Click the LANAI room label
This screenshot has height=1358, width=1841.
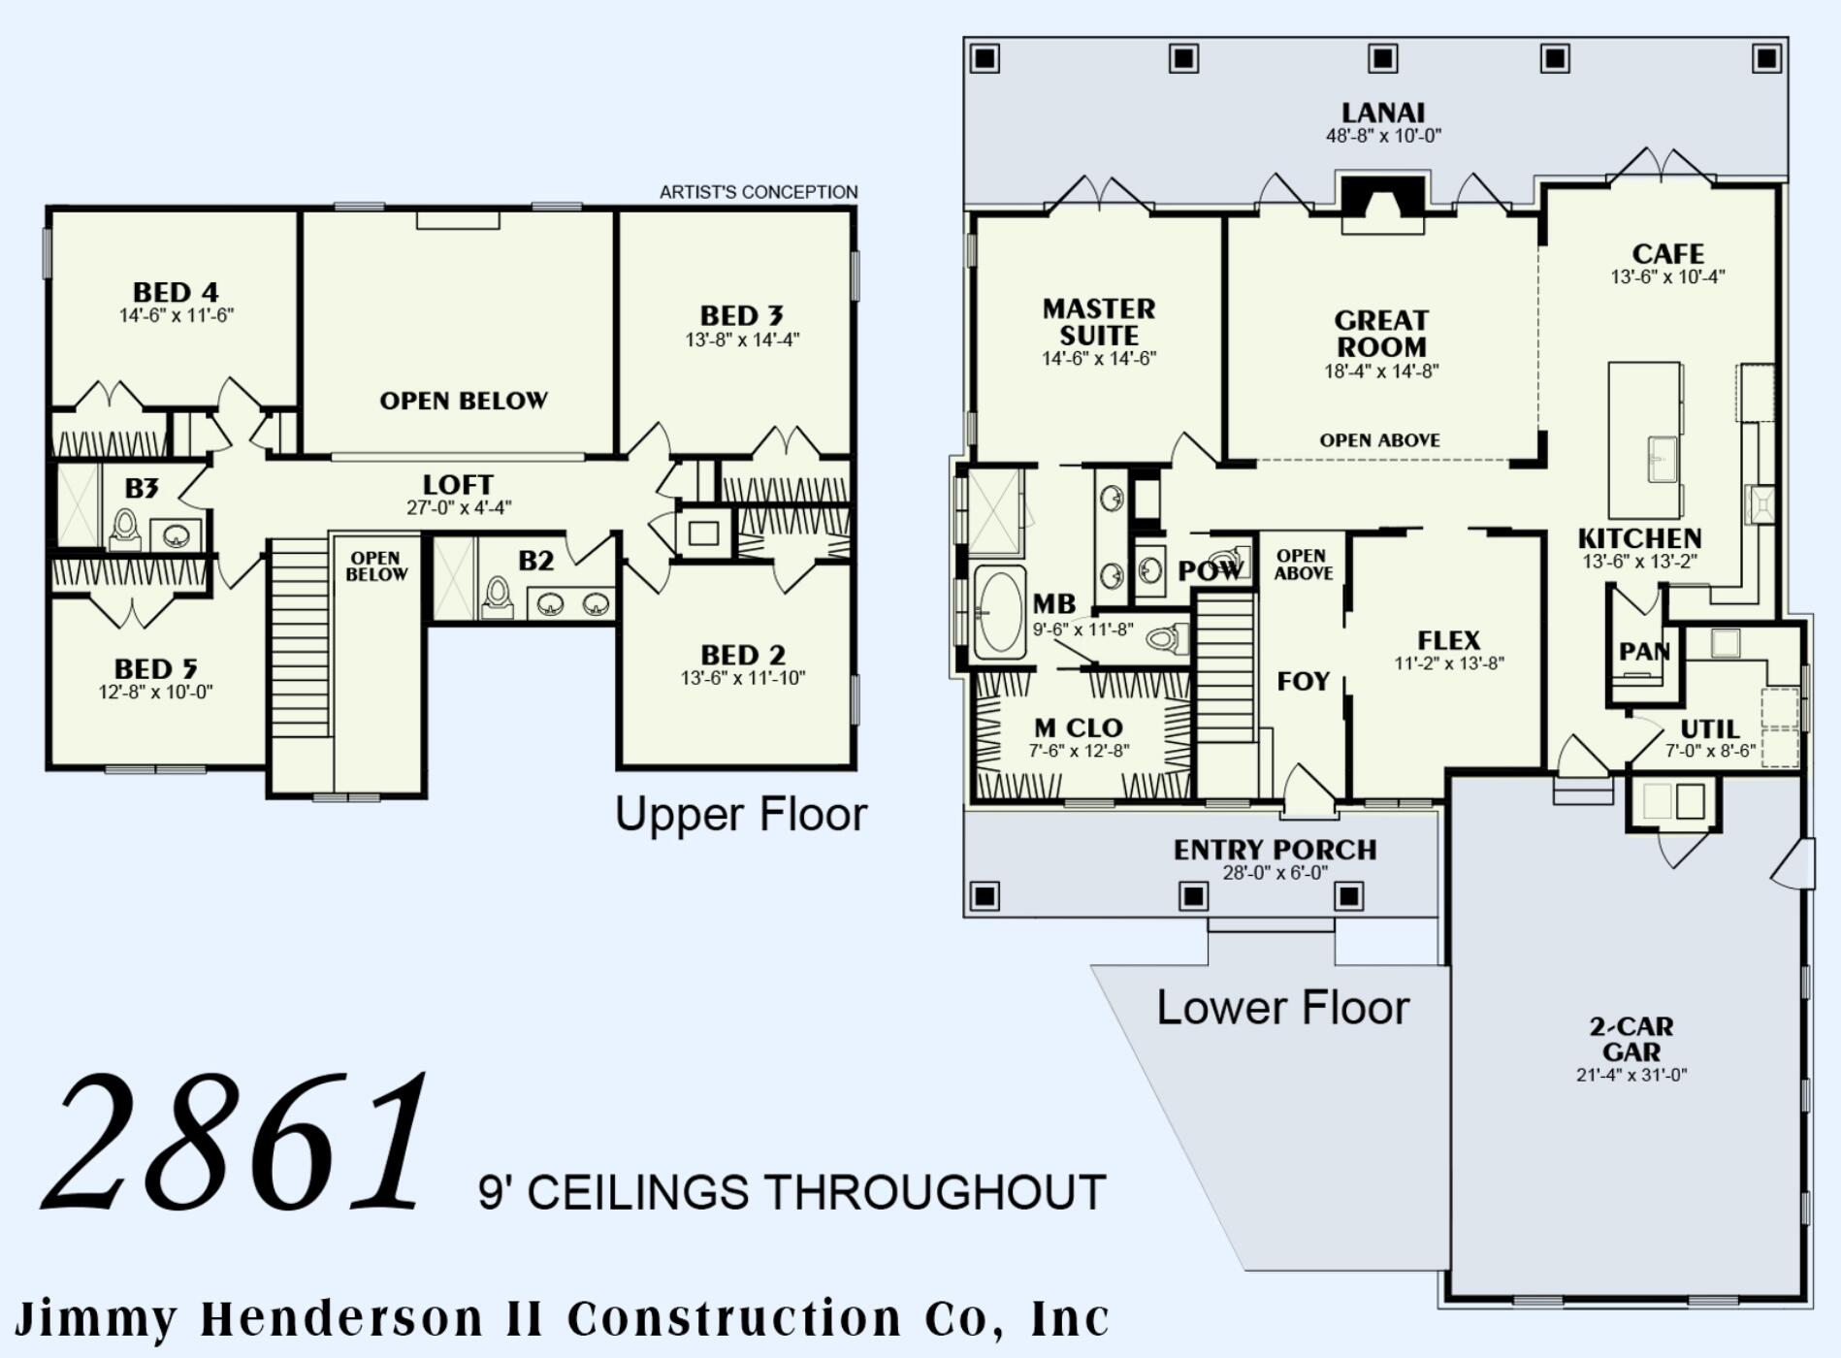(x=1382, y=113)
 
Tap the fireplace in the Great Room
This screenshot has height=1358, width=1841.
(x=1382, y=202)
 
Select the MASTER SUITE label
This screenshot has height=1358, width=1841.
(x=1098, y=322)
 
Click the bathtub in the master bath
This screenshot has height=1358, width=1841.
(x=999, y=612)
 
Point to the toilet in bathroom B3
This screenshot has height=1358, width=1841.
(x=124, y=530)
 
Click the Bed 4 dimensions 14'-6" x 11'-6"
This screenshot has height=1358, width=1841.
(x=177, y=316)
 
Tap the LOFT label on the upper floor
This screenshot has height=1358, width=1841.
(x=458, y=484)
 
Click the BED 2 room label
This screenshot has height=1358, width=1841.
(x=743, y=655)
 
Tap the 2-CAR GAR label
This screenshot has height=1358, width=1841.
(x=1631, y=1039)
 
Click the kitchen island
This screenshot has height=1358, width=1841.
(x=1645, y=440)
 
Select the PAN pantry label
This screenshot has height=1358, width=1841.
(x=1643, y=652)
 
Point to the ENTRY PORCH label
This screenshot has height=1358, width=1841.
(x=1275, y=850)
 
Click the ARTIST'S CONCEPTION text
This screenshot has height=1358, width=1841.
(x=759, y=192)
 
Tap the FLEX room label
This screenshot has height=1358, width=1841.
(x=1449, y=640)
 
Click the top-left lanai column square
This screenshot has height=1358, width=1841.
(x=985, y=59)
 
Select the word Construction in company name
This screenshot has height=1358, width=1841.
(x=734, y=1319)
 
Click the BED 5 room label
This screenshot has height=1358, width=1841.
(x=155, y=669)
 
